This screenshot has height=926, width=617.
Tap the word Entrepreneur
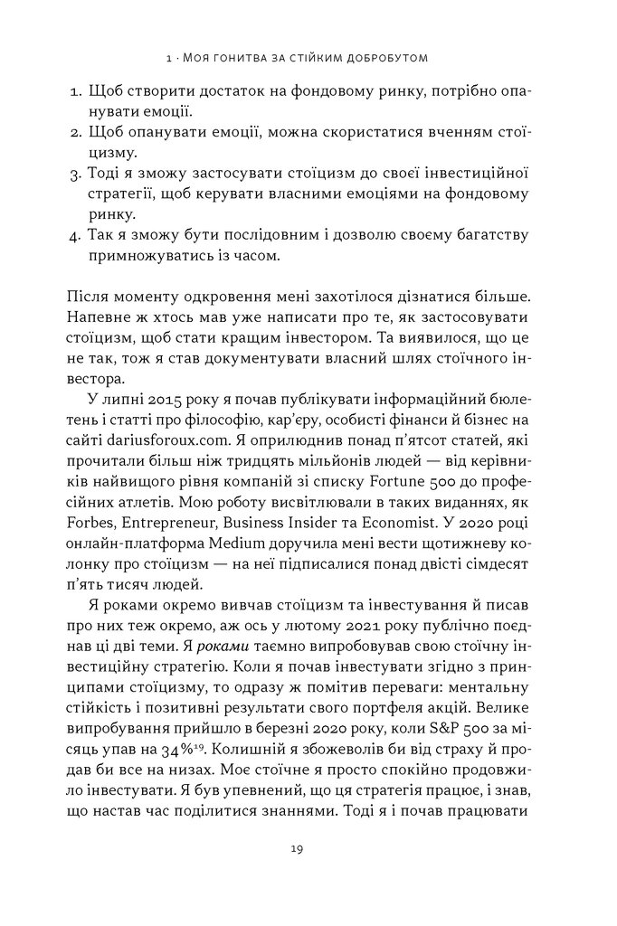click(x=174, y=515)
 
